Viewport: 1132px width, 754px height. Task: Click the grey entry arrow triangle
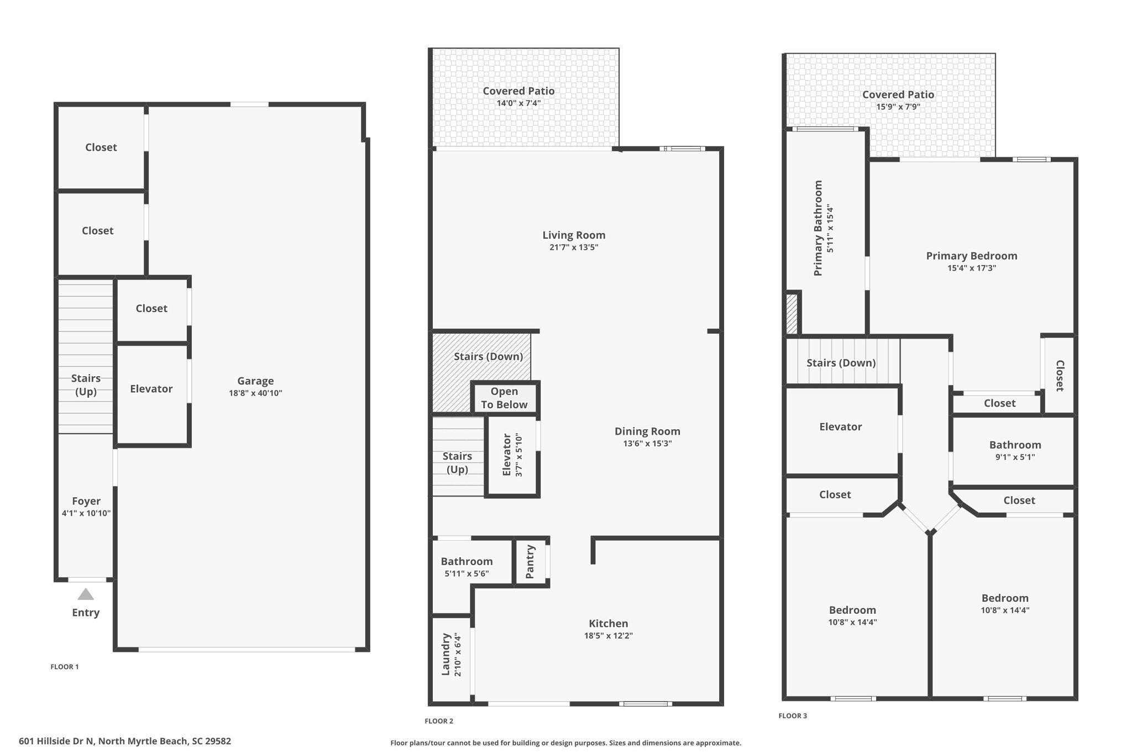coord(86,594)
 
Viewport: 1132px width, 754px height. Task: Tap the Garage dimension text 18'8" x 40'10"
coord(255,393)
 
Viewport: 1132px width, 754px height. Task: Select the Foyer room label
coord(86,501)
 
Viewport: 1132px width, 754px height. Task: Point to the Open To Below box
coord(504,398)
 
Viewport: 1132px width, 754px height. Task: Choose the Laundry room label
coord(446,655)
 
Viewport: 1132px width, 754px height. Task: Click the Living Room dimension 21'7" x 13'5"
coord(574,247)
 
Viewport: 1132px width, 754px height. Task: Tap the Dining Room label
coord(647,431)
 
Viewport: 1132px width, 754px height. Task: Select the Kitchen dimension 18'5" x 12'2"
coord(608,636)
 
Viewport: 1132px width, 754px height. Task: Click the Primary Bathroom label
coord(818,228)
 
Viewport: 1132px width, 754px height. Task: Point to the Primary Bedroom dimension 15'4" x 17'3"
coord(972,268)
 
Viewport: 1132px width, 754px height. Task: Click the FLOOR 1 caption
coord(65,667)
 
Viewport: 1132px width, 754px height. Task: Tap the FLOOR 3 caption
coord(793,716)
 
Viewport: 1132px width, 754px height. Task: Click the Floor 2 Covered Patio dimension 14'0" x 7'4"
coord(518,103)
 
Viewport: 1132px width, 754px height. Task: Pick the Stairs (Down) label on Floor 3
coord(841,363)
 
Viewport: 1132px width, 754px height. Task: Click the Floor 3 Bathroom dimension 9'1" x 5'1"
coord(1015,457)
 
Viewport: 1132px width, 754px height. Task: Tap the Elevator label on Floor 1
coord(151,389)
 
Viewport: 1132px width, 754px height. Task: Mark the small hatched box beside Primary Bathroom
coord(792,314)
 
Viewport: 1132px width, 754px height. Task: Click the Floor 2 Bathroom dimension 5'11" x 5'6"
coord(467,574)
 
